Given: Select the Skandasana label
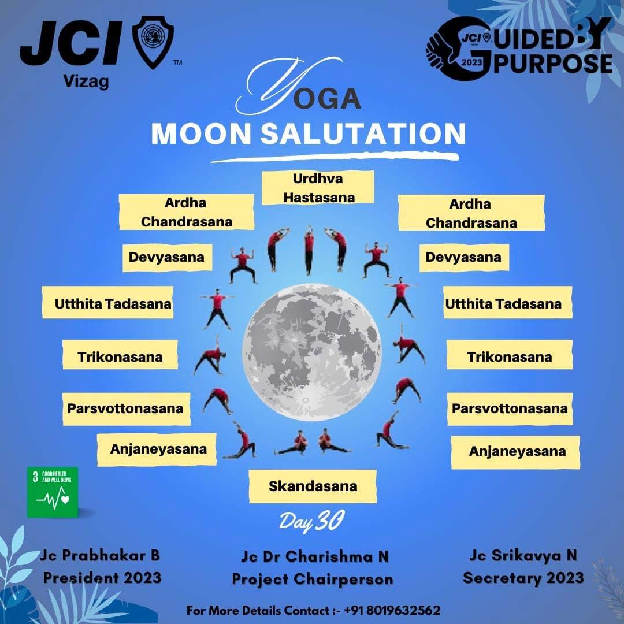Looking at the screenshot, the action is tap(313, 486).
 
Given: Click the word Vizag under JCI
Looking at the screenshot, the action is tap(85, 81).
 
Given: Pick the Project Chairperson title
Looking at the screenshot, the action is tap(313, 579).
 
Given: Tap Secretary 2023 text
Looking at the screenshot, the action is tap(523, 577).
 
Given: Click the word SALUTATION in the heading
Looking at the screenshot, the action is tap(363, 133).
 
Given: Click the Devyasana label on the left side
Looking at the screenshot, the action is tap(166, 257).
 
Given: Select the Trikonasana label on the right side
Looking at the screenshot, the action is tap(509, 356).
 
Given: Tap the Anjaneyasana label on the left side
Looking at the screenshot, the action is tap(158, 449).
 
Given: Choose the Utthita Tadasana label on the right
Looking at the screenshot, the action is tap(503, 303).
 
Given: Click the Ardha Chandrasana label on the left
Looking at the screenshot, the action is tap(186, 212).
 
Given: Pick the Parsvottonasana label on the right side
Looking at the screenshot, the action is tap(509, 408).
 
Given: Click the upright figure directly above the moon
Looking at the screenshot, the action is tap(310, 250).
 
